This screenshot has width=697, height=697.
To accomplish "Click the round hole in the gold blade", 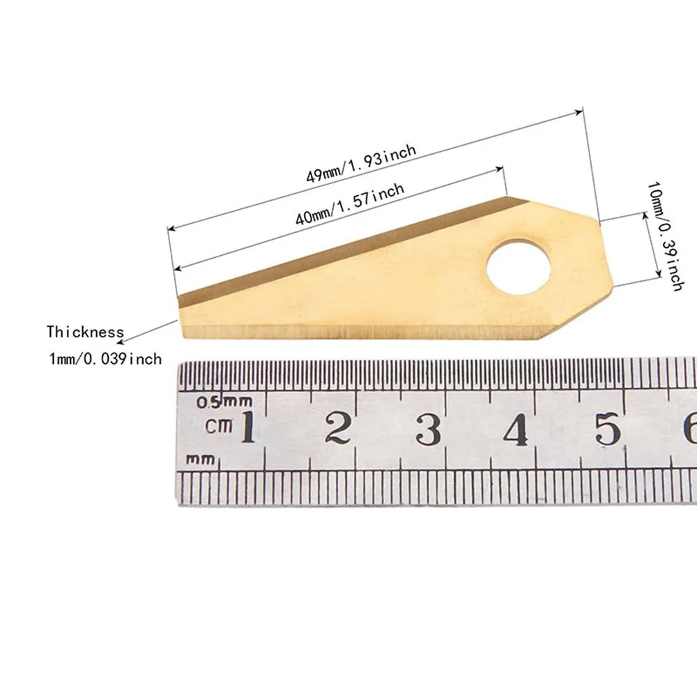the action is [x=519, y=268].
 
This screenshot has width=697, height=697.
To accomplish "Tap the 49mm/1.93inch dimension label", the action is [x=361, y=163].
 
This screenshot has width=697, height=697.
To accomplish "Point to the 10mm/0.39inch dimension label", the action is [x=666, y=236].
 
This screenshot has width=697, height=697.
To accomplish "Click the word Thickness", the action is [x=85, y=332].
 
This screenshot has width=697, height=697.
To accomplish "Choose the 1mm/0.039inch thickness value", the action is [x=105, y=358].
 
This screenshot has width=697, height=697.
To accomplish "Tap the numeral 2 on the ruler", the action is [x=338, y=428].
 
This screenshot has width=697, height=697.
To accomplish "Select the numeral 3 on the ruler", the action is [x=429, y=429].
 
